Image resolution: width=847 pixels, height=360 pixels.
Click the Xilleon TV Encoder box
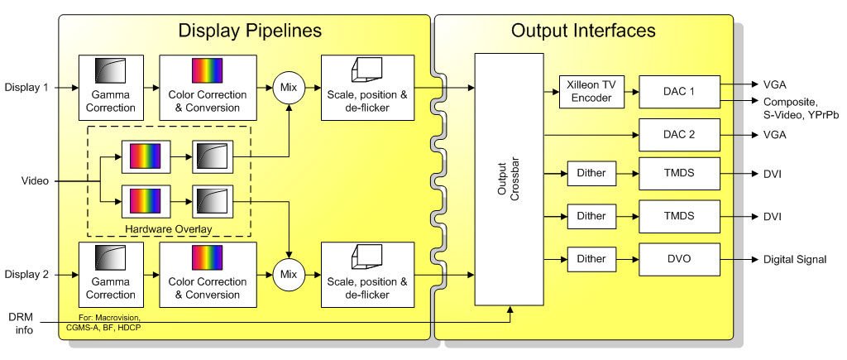(x=591, y=91)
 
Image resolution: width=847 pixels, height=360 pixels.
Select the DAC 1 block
(x=679, y=91)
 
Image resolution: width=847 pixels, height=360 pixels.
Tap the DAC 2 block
(x=679, y=134)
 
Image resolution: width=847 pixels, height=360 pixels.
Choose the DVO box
(x=679, y=259)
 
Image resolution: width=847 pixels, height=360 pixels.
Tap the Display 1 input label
(x=27, y=86)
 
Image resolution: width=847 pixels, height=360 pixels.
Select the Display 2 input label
(x=27, y=274)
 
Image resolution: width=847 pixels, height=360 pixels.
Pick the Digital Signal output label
(x=794, y=260)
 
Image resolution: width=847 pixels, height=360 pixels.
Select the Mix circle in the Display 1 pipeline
(x=290, y=86)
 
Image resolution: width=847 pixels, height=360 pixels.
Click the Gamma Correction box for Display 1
(x=110, y=86)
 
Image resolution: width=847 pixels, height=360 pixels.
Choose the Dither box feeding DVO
(x=591, y=259)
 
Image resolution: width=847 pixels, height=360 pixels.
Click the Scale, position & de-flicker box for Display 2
(x=366, y=274)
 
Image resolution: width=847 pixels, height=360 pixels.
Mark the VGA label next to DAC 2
(x=773, y=134)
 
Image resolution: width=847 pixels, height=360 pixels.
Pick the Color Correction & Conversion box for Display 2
(x=202, y=274)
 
